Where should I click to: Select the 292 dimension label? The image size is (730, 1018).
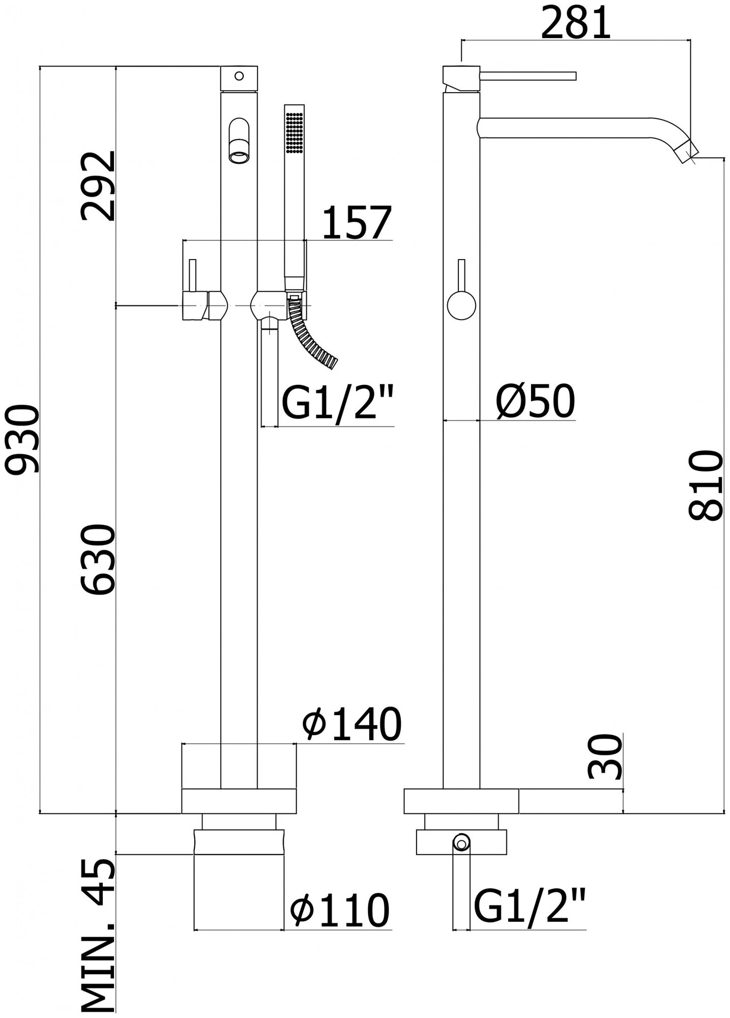[98, 186]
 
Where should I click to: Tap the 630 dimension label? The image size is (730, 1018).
[98, 559]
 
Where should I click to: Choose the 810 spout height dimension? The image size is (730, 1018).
[706, 485]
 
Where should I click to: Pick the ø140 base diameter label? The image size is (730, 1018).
[352, 724]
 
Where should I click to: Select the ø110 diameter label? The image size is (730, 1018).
[339, 910]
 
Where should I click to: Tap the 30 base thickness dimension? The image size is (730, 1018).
[605, 757]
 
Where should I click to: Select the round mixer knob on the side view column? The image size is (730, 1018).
[461, 305]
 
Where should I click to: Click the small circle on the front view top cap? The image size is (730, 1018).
[239, 76]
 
